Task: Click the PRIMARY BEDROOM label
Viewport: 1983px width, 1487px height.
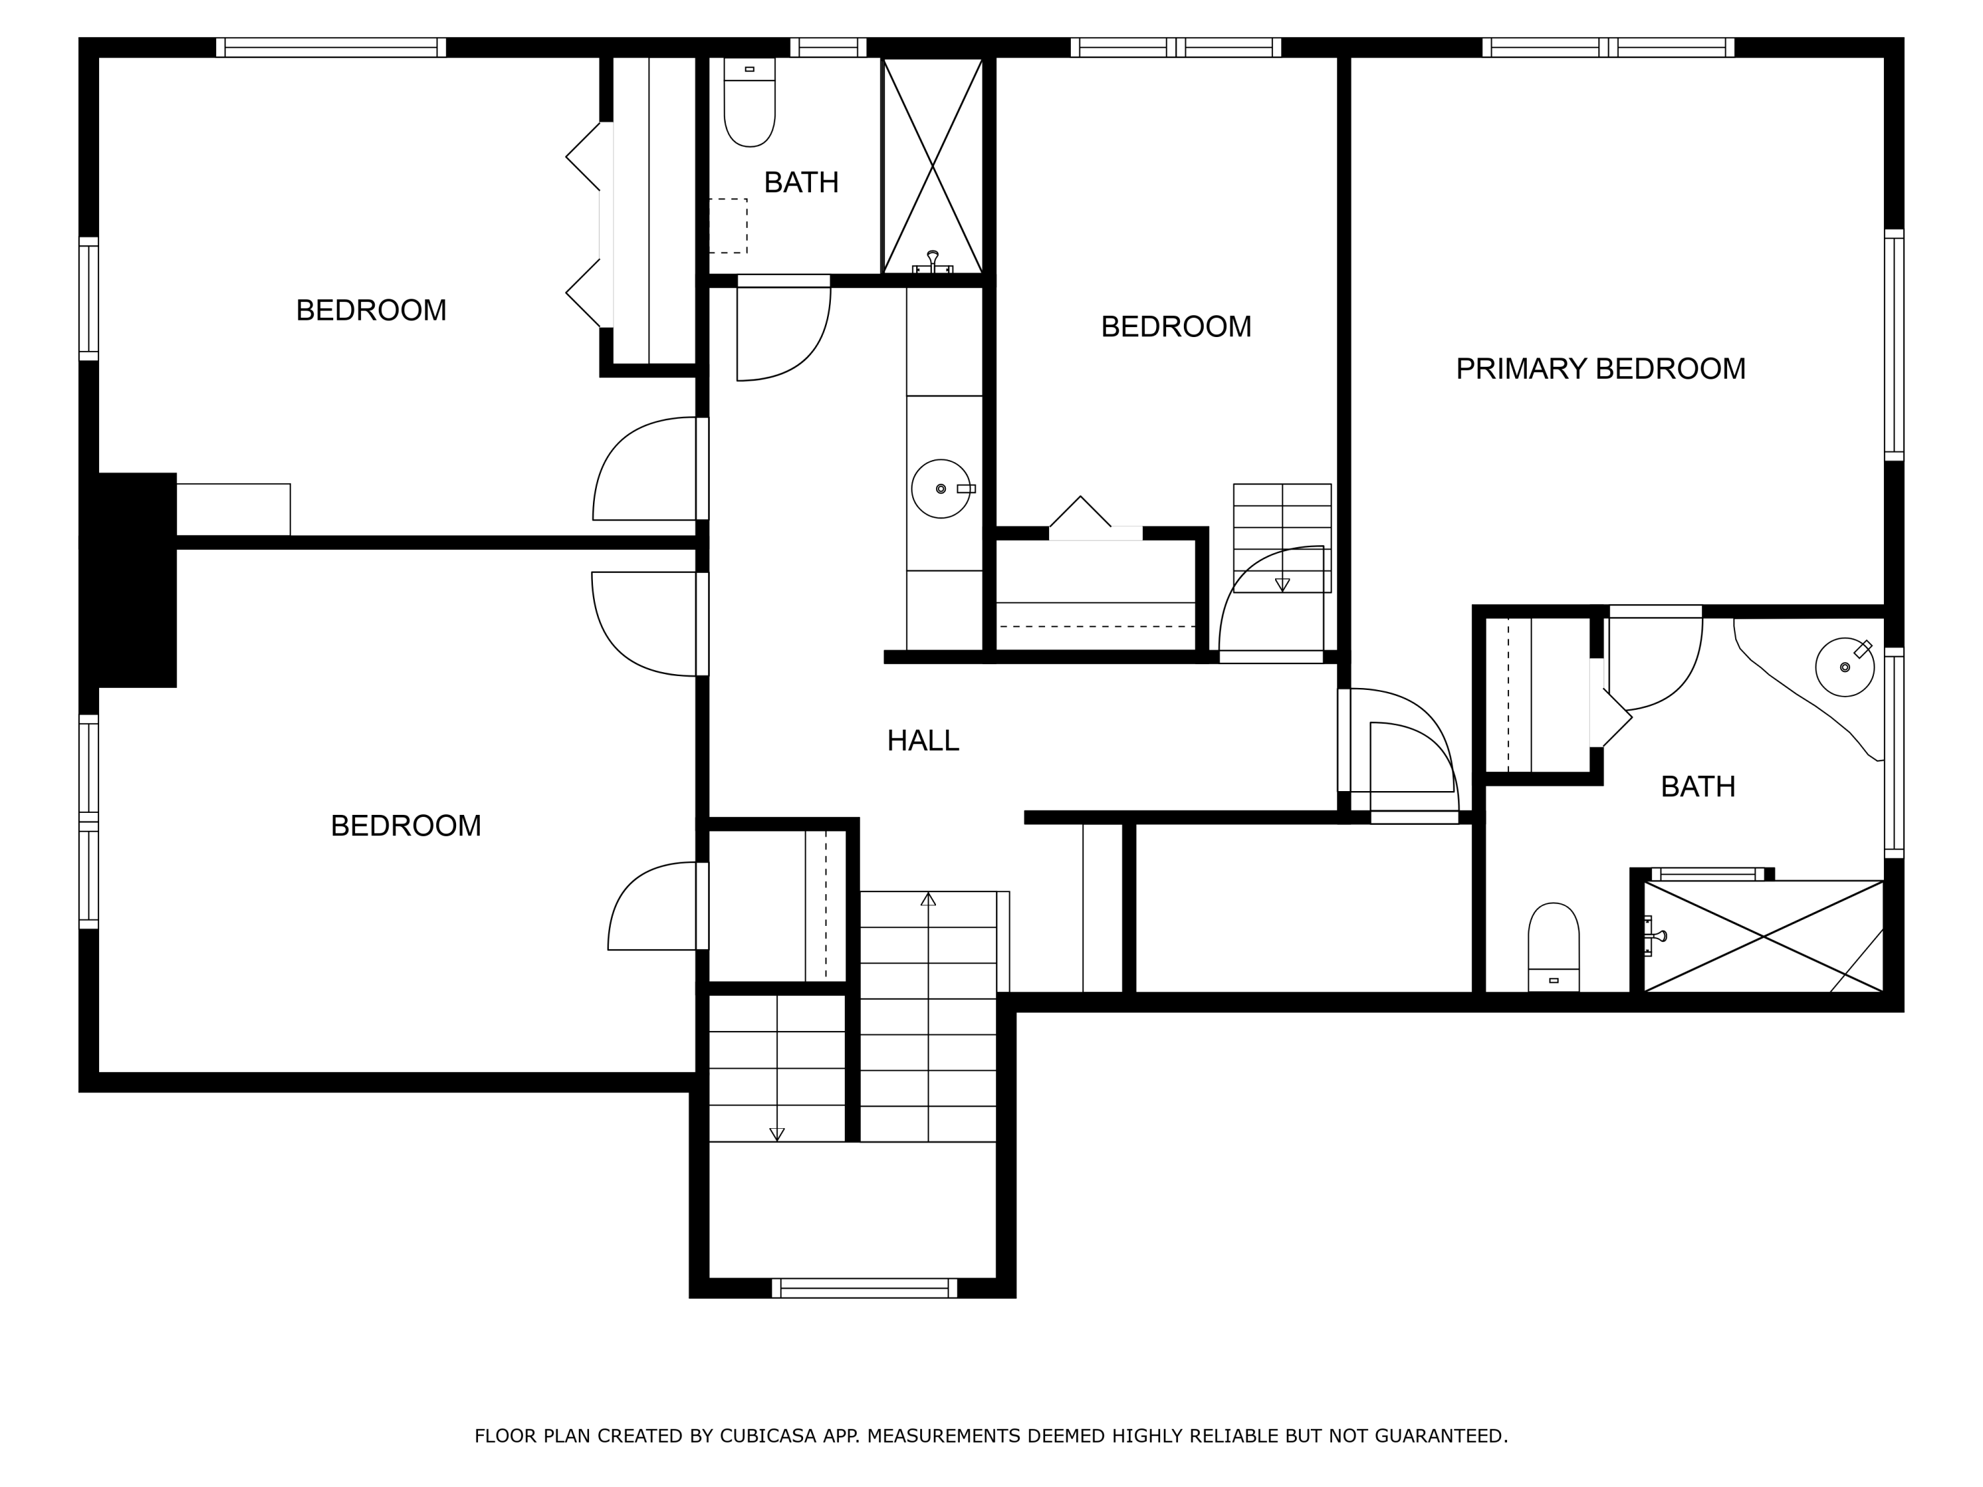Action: coord(1600,368)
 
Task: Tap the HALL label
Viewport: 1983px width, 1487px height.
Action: coord(923,740)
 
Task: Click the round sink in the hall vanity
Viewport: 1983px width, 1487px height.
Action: coord(941,488)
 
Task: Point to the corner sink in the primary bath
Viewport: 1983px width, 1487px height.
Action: coord(1845,667)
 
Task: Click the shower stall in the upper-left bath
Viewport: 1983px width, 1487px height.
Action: coord(932,166)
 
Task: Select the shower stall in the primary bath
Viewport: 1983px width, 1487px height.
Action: coord(1764,936)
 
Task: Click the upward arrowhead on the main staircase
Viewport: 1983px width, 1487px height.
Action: coord(928,898)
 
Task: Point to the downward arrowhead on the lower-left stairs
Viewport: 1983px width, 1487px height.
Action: coord(777,1134)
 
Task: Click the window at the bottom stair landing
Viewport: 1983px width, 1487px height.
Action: coord(864,1288)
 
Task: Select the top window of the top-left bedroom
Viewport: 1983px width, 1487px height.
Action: coord(330,48)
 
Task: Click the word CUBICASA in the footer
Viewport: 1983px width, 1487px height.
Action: coord(768,1436)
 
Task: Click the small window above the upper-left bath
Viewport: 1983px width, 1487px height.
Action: coord(828,48)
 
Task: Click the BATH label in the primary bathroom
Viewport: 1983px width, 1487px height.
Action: coord(1698,786)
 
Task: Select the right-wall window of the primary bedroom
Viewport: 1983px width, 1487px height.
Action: coord(1893,345)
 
